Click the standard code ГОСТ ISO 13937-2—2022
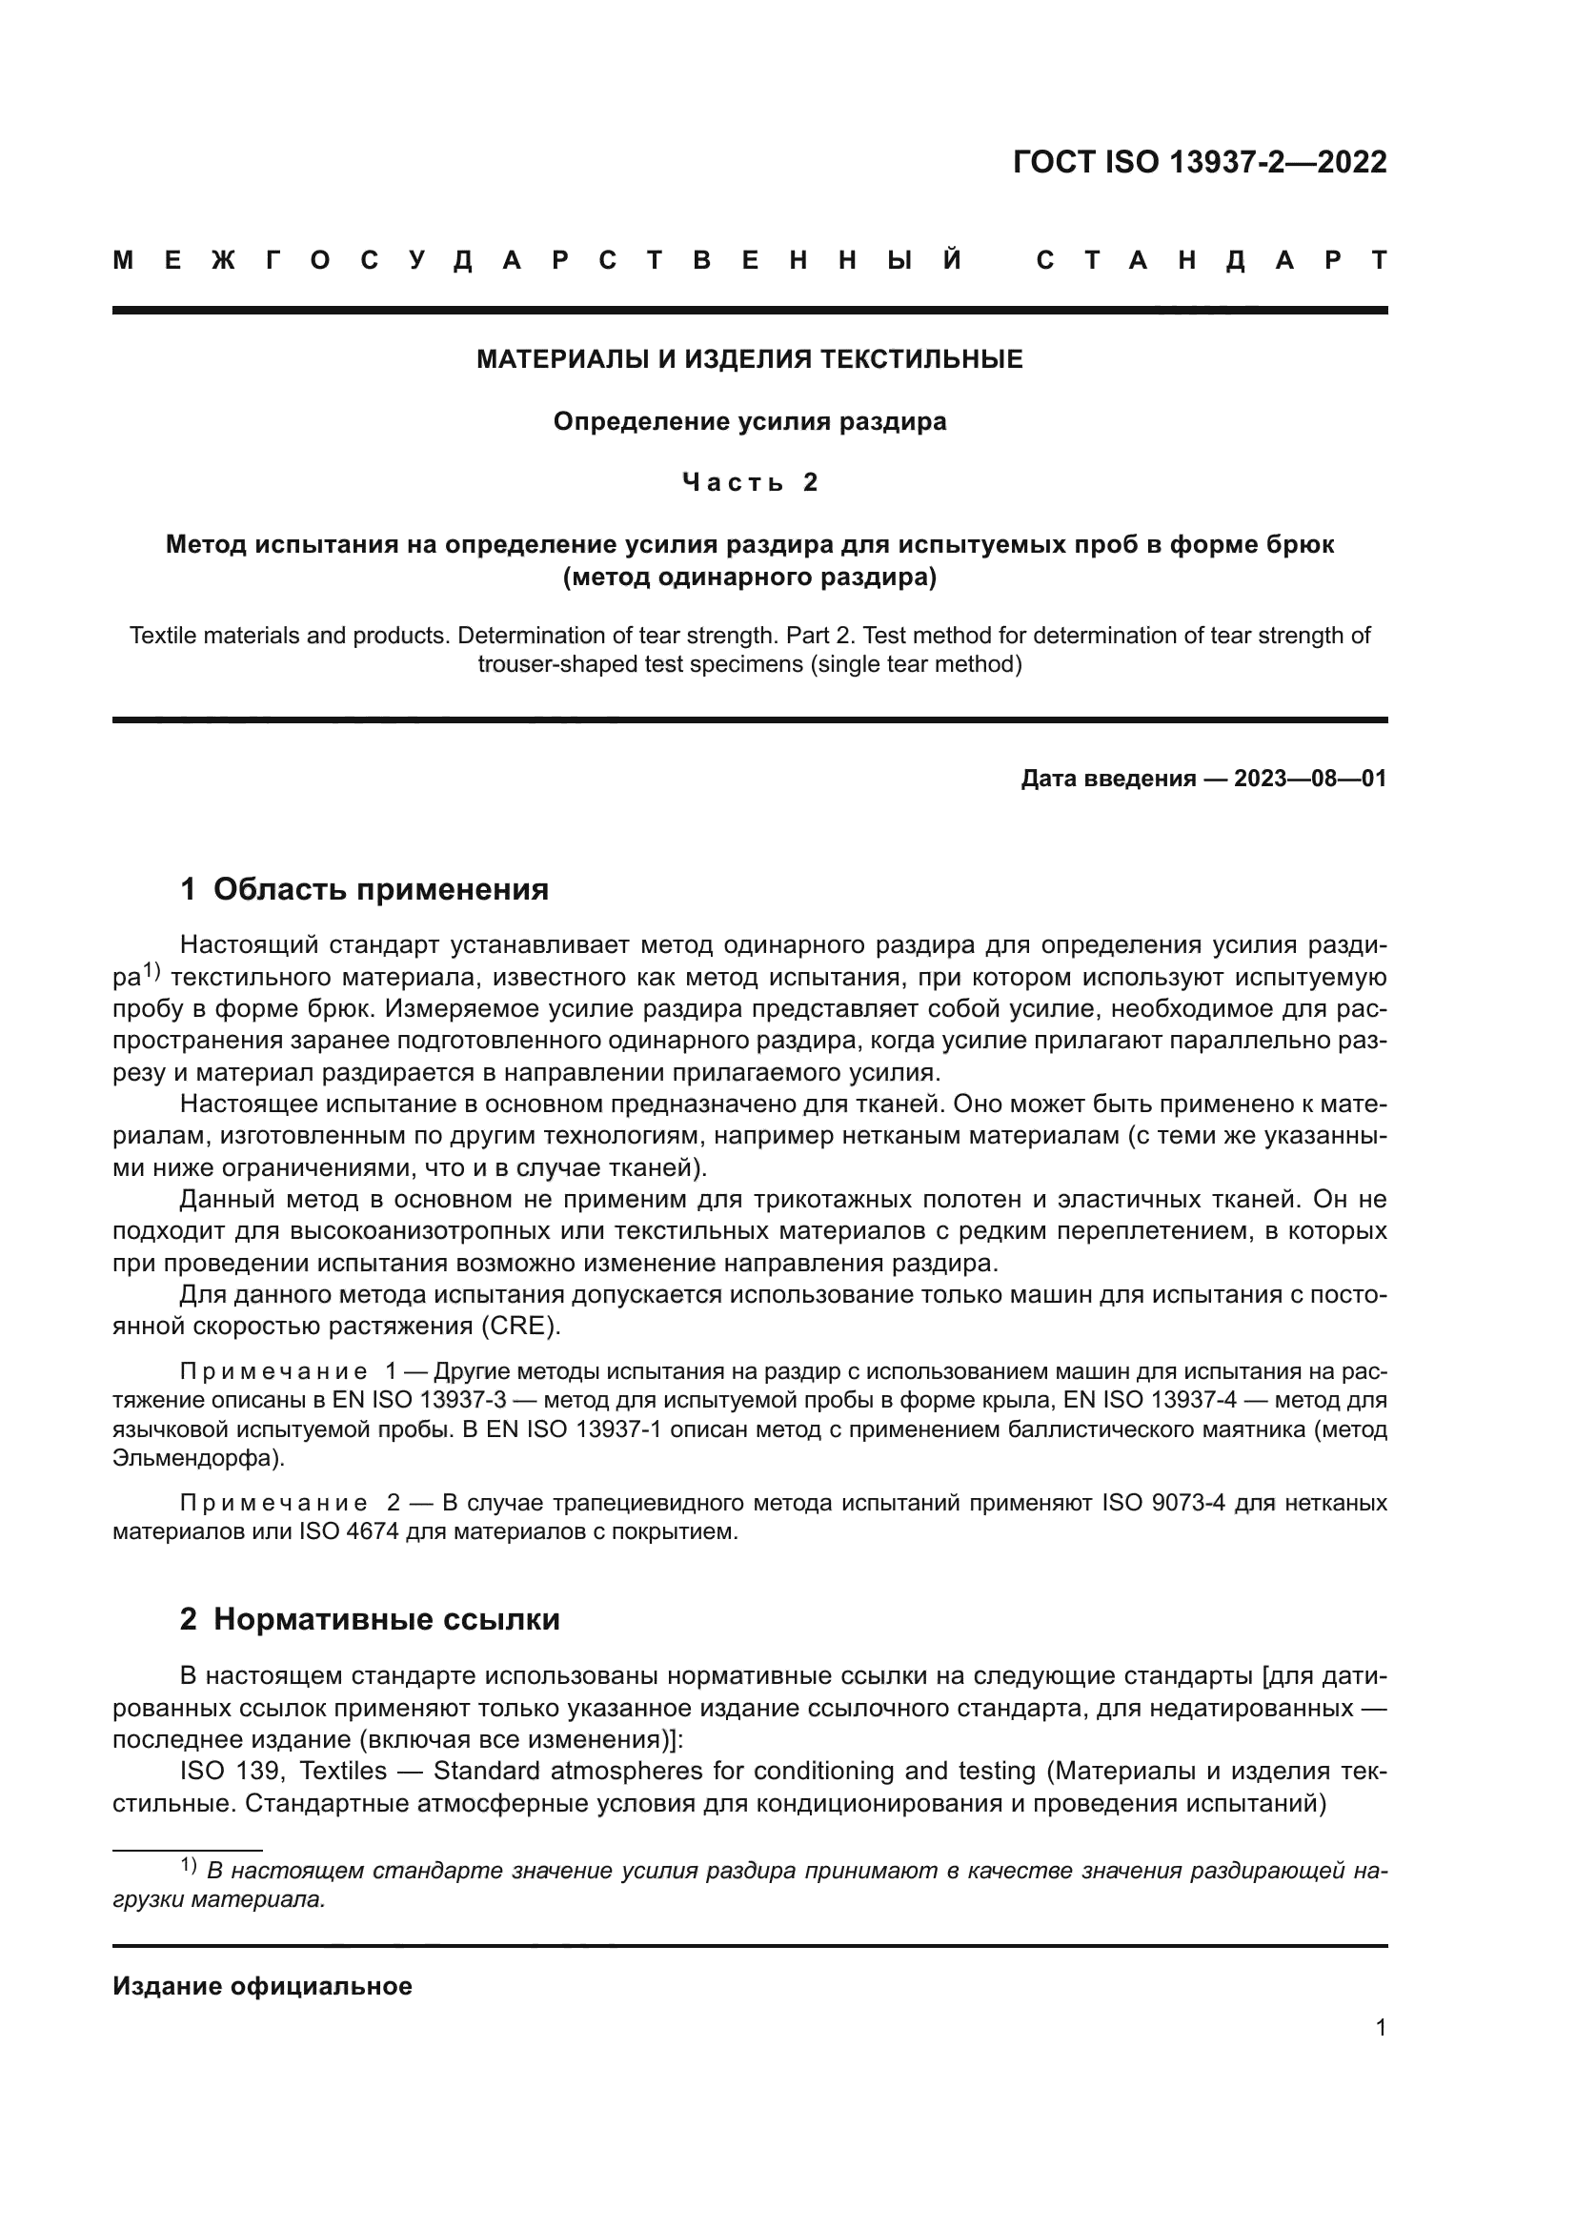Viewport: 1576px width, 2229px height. [x=1200, y=162]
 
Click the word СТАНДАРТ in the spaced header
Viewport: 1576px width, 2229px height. [x=1211, y=260]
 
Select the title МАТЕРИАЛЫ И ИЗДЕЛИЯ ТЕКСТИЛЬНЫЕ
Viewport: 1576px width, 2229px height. [x=749, y=360]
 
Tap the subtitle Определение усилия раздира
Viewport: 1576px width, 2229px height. [x=749, y=422]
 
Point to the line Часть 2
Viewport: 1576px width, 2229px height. [x=749, y=482]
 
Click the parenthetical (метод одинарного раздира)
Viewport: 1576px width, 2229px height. [x=749, y=578]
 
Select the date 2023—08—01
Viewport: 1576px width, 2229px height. [x=1310, y=779]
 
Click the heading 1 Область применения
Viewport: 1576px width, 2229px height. [x=364, y=889]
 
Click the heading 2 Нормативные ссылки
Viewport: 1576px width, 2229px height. [x=370, y=1619]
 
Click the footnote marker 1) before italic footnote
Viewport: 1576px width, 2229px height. [x=189, y=1865]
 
